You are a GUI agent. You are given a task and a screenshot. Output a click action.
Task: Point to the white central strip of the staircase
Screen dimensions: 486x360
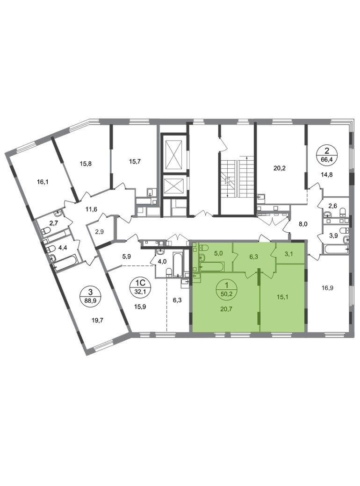click(x=238, y=180)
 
